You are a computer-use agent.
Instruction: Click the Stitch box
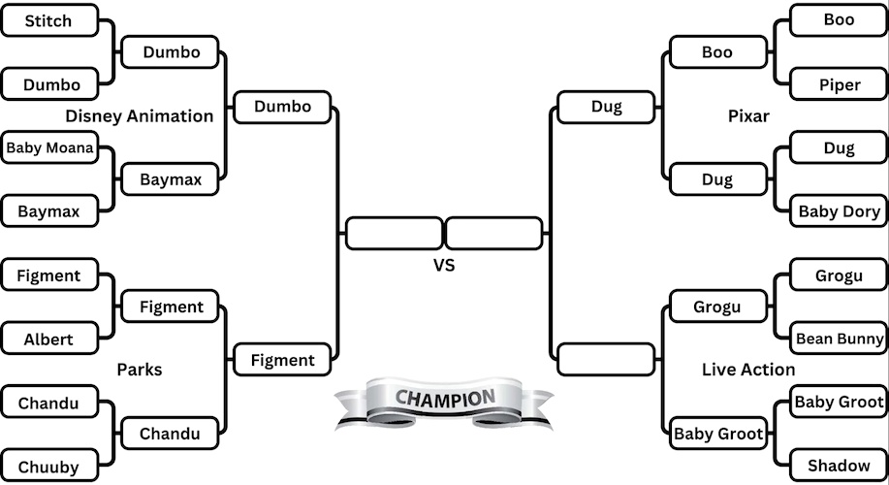pyautogui.click(x=49, y=20)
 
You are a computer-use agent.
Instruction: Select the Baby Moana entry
pyautogui.click(x=49, y=148)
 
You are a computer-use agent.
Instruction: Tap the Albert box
pyautogui.click(x=49, y=339)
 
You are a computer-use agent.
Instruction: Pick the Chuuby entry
pyautogui.click(x=49, y=467)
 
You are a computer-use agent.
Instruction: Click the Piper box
pyautogui.click(x=839, y=84)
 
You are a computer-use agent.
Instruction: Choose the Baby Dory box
pyautogui.click(x=839, y=211)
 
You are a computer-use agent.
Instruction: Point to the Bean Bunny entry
pyautogui.click(x=839, y=339)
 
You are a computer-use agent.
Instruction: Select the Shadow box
pyautogui.click(x=839, y=467)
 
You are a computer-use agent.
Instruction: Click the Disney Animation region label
pyautogui.click(x=140, y=116)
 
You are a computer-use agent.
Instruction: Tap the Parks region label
pyautogui.click(x=140, y=370)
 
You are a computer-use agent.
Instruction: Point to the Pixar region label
pyautogui.click(x=748, y=116)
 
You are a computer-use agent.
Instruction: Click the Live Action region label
pyautogui.click(x=748, y=370)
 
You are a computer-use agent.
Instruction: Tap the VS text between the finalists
pyautogui.click(x=443, y=265)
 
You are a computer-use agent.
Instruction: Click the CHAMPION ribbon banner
pyautogui.click(x=444, y=400)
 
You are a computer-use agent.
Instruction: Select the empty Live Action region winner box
pyautogui.click(x=607, y=359)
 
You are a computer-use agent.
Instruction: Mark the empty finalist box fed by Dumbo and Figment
pyautogui.click(x=394, y=233)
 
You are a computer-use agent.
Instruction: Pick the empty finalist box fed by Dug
pyautogui.click(x=493, y=233)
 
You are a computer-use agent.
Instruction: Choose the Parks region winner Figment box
pyautogui.click(x=282, y=360)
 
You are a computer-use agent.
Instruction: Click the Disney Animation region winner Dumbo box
pyautogui.click(x=282, y=107)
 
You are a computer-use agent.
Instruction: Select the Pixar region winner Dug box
pyautogui.click(x=607, y=107)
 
